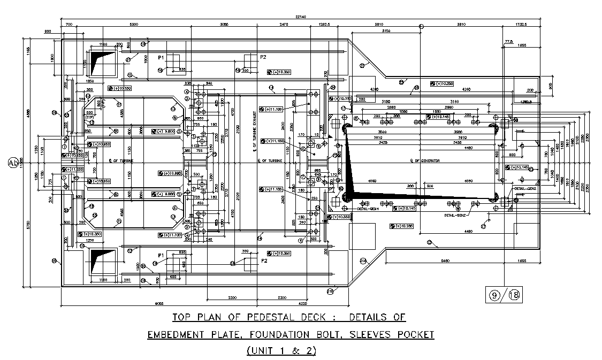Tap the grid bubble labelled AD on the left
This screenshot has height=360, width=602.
13,162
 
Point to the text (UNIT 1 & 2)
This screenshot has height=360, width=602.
281,351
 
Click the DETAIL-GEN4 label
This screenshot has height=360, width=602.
368,209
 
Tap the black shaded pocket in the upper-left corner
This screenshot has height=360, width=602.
102,62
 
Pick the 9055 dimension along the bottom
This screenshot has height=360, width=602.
159,303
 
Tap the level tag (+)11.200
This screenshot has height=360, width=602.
73,169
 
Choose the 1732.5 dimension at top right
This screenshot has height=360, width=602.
520,24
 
